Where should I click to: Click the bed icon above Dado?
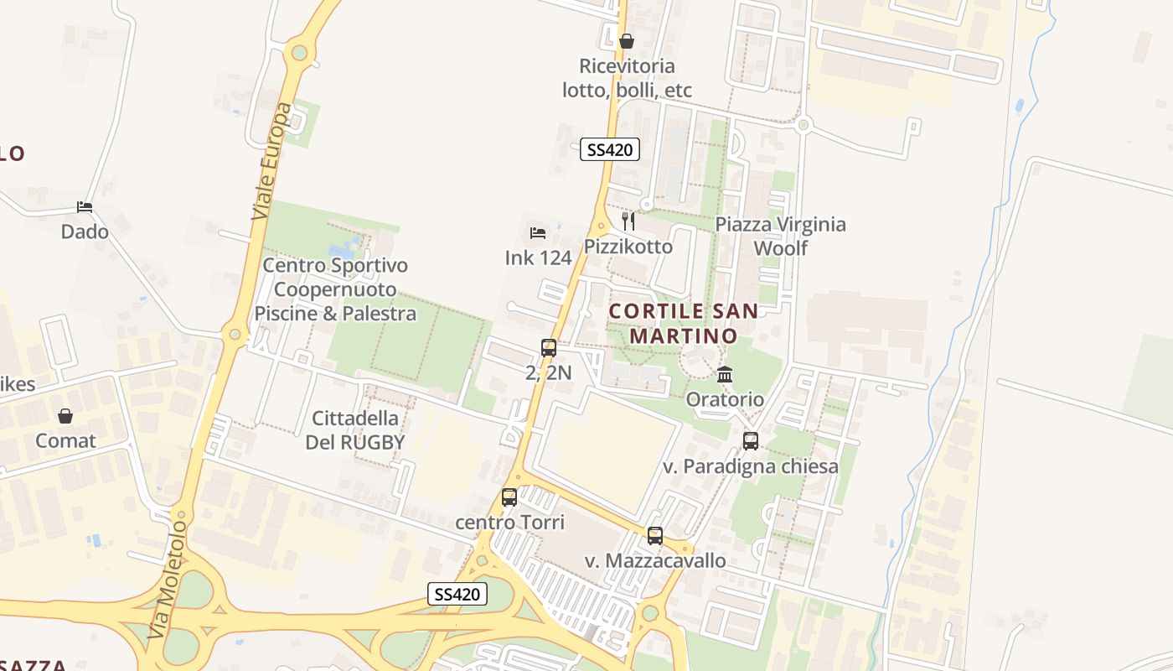point(85,206)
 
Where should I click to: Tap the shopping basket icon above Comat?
point(65,416)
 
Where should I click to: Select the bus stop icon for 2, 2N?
point(548,347)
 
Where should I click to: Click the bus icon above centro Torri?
point(509,497)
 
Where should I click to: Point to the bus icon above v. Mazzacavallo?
point(655,535)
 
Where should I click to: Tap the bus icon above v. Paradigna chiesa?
point(751,440)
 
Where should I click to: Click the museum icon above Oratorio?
point(725,374)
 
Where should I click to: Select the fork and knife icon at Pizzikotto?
point(628,221)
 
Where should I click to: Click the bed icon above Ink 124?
point(538,232)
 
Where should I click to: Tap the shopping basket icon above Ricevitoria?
point(626,40)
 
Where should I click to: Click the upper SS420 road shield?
point(610,150)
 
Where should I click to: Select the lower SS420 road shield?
point(457,594)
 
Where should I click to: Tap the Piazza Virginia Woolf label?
point(780,237)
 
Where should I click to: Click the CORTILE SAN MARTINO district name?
point(684,324)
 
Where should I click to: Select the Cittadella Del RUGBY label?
point(355,430)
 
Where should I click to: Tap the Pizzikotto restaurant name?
point(628,247)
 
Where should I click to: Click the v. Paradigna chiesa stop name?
point(751,466)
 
